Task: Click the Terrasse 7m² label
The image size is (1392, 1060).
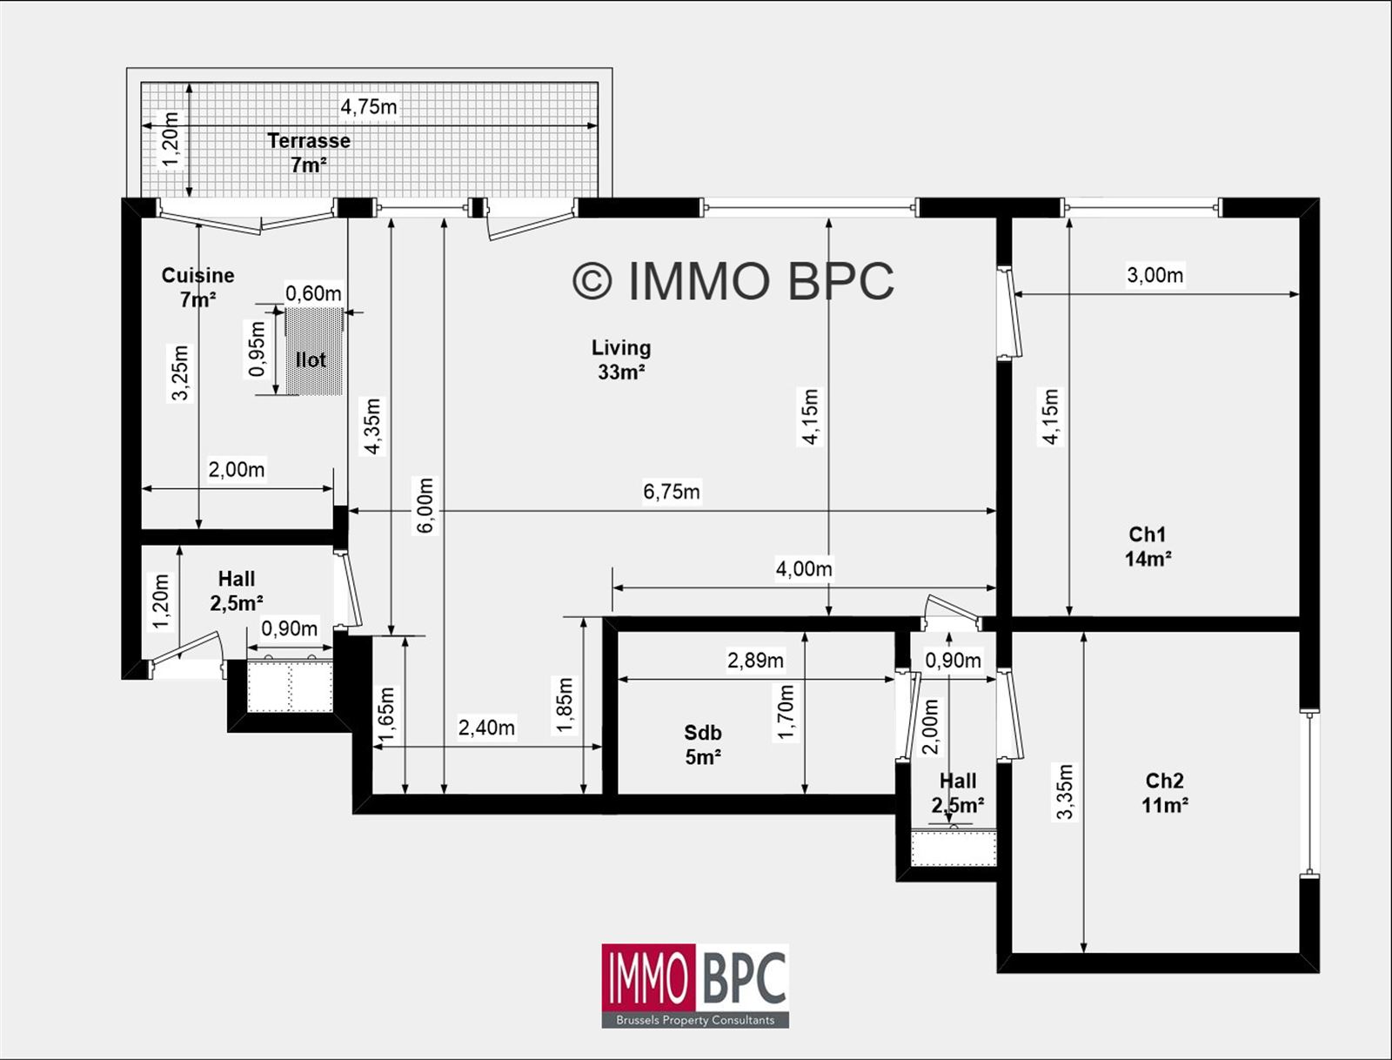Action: point(308,152)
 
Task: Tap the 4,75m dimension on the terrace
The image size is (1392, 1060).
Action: point(368,107)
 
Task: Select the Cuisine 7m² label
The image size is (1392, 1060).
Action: point(197,287)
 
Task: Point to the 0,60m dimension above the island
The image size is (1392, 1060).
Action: point(313,293)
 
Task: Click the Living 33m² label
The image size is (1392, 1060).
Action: point(620,359)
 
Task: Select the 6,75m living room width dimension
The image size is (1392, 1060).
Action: point(671,492)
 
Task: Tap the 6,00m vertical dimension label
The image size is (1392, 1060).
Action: point(425,506)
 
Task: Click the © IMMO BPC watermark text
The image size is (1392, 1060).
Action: point(733,281)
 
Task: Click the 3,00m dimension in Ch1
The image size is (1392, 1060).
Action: point(1154,275)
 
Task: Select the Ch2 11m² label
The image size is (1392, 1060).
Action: point(1164,793)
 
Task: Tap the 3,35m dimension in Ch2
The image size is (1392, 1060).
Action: point(1064,791)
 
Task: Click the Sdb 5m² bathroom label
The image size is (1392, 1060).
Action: point(702,745)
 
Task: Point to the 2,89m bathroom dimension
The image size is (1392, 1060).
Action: point(755,661)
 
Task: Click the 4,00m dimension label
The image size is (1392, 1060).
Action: point(803,569)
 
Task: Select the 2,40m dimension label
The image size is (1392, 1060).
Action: point(486,728)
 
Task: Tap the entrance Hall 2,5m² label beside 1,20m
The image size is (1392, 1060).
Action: point(236,591)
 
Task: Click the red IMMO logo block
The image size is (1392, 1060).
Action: point(649,978)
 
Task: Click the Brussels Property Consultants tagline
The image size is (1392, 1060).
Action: point(694,1020)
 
